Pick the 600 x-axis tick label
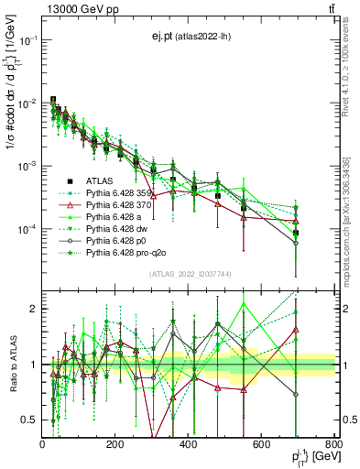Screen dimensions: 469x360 [x=262, y=445]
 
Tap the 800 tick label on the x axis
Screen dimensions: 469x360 [x=334, y=445]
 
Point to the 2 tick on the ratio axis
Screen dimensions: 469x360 [x=33, y=309]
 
